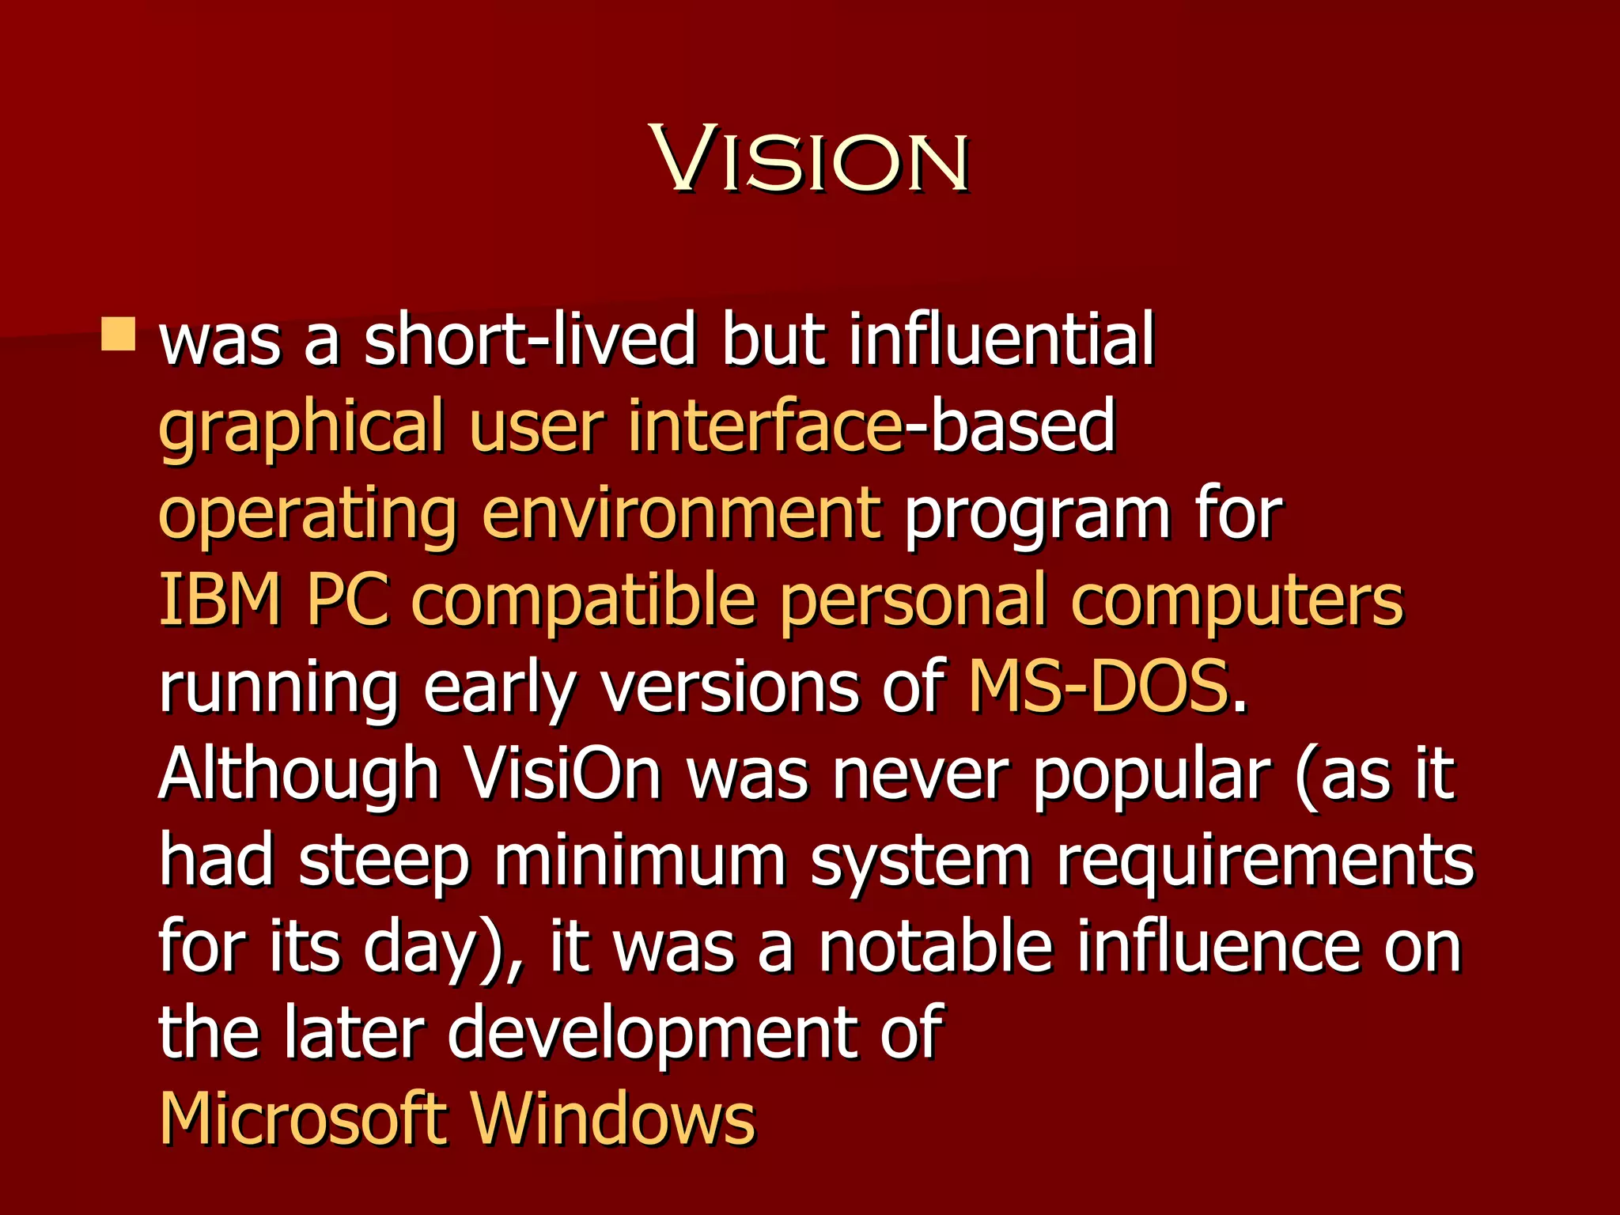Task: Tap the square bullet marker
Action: pos(119,334)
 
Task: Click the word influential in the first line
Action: pos(1001,340)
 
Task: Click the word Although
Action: pos(299,775)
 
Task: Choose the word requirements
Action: pos(1265,862)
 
